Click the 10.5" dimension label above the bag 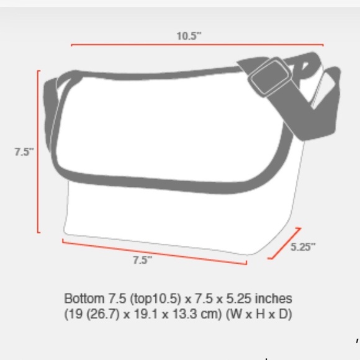click(x=189, y=35)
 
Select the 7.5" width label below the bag click(x=142, y=261)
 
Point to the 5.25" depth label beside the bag click(x=303, y=246)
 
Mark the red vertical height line click(x=38, y=151)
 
